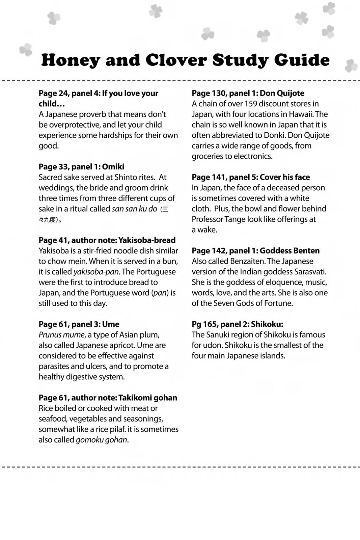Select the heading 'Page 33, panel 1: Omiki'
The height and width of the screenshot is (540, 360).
[81, 167]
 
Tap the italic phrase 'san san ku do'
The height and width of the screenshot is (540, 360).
[134, 209]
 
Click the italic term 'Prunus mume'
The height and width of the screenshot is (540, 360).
[61, 335]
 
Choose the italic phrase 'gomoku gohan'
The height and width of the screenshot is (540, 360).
[102, 440]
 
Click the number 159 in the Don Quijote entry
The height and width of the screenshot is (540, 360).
[251, 104]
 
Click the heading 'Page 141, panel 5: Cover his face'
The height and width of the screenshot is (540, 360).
[251, 177]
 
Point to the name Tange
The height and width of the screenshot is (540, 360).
[235, 219]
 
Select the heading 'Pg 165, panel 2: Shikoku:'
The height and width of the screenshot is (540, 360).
[238, 324]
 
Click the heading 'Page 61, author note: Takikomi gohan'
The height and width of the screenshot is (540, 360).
[108, 398]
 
